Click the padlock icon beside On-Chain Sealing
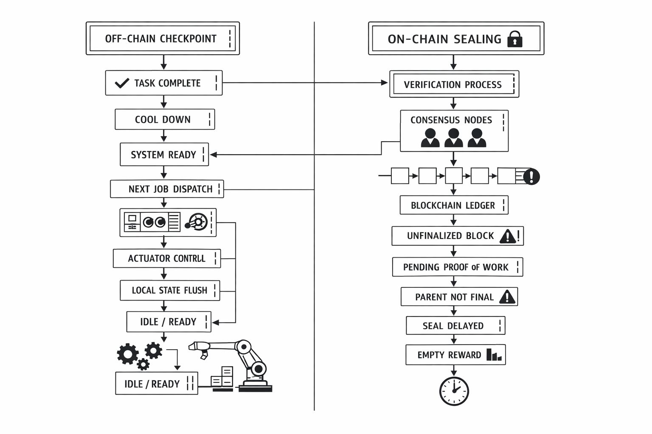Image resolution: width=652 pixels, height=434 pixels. [x=515, y=39]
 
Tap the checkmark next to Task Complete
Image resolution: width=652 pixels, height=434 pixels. [x=122, y=83]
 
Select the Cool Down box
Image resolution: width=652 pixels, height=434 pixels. [x=164, y=120]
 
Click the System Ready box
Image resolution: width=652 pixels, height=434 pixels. [x=164, y=155]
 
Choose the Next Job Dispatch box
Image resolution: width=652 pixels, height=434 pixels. [x=167, y=189]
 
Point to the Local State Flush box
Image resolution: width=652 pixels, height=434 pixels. [x=169, y=290]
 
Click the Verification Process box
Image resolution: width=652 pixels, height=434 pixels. [x=454, y=84]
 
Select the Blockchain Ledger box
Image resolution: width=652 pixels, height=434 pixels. [x=453, y=206]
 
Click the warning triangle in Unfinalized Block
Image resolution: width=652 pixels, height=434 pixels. [x=508, y=236]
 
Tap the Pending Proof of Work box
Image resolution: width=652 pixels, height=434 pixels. [x=457, y=267]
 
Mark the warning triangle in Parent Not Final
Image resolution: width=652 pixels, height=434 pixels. [x=507, y=297]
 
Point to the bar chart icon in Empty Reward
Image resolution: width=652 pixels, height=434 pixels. [x=494, y=355]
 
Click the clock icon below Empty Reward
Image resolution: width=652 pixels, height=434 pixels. [x=454, y=391]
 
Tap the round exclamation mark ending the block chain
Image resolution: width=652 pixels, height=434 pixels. [x=531, y=176]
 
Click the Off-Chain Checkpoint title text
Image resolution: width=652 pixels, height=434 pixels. [x=160, y=39]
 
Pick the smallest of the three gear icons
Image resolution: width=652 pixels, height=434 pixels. [x=143, y=364]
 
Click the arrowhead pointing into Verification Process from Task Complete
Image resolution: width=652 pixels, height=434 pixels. [x=385, y=83]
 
